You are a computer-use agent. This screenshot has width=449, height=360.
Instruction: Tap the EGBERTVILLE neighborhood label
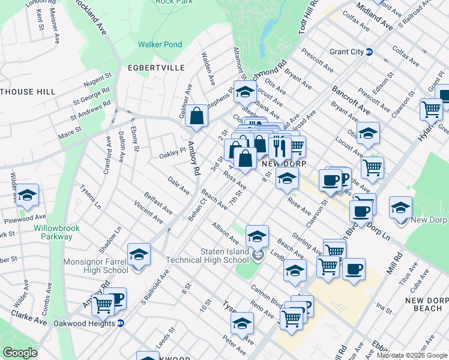point(156,68)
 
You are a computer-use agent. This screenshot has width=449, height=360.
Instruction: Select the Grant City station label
point(346,52)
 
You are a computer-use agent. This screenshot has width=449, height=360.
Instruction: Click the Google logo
point(20,353)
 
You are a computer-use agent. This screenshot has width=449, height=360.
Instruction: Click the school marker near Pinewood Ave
point(26,195)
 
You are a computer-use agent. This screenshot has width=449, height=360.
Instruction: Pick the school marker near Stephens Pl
point(244,92)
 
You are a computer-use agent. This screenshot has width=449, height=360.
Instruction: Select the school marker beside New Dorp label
point(400,208)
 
